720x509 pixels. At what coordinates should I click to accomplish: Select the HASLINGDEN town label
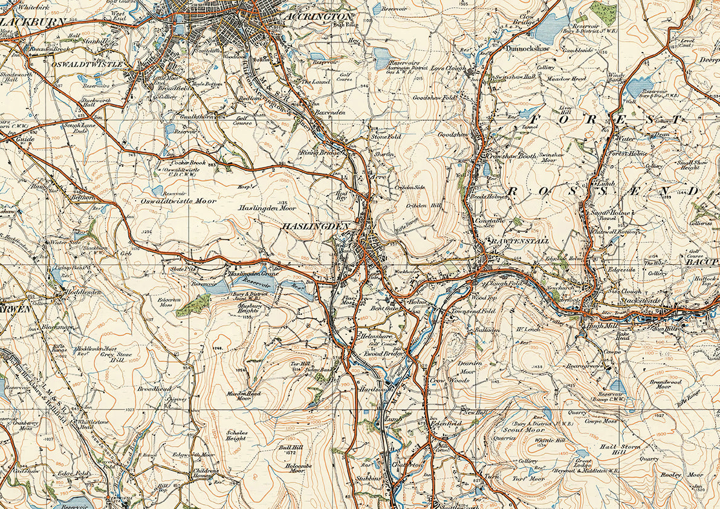[x=315, y=226]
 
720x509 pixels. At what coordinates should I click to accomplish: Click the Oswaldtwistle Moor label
[x=170, y=201]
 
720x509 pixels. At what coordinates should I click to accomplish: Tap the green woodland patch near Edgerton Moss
[x=194, y=306]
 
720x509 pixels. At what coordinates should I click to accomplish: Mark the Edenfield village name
[x=446, y=424]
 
